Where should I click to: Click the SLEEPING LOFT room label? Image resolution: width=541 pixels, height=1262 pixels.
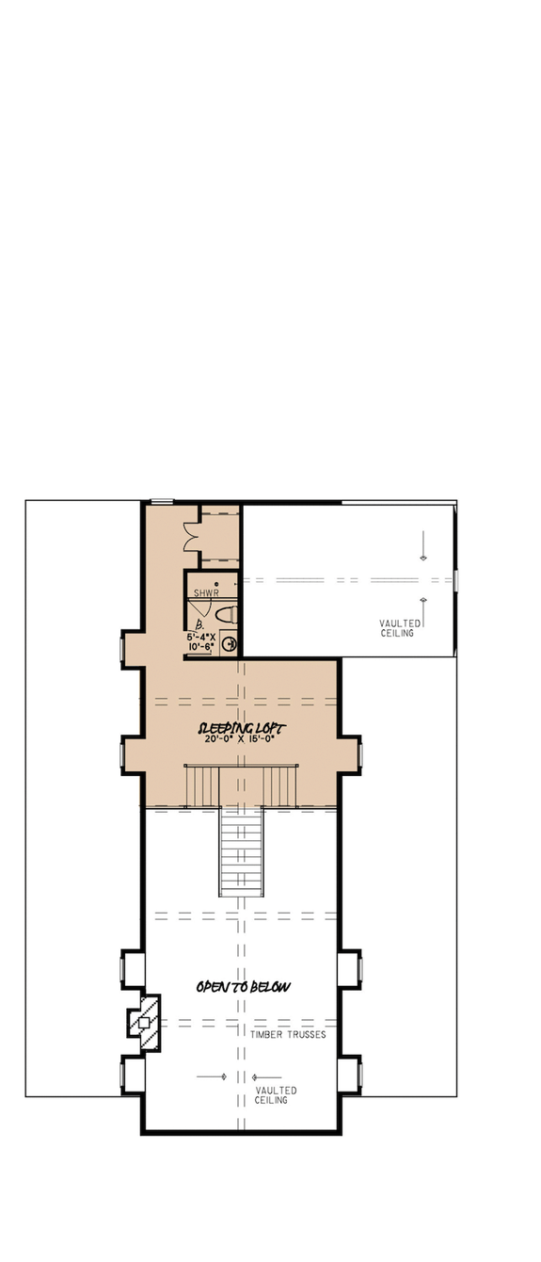tap(242, 728)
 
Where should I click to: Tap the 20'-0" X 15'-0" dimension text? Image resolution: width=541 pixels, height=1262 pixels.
tap(242, 740)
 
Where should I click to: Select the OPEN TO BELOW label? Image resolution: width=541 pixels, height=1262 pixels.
tap(243, 987)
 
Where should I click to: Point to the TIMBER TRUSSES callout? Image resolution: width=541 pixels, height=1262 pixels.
tap(288, 1034)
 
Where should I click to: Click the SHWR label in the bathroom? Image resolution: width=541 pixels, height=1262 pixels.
tap(206, 593)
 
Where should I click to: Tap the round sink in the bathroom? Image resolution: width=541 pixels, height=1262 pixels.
tap(227, 645)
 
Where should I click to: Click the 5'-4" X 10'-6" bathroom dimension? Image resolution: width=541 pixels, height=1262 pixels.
tap(201, 642)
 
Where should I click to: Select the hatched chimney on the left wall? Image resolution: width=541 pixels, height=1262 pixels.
tap(144, 1022)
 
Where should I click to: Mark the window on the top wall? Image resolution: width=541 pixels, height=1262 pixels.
tap(162, 501)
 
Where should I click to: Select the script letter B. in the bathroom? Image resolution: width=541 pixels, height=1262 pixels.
tap(200, 623)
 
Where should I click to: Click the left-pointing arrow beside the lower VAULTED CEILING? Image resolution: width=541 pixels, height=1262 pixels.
tap(266, 1076)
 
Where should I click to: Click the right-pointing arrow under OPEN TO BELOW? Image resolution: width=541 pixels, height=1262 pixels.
tap(214, 1076)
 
